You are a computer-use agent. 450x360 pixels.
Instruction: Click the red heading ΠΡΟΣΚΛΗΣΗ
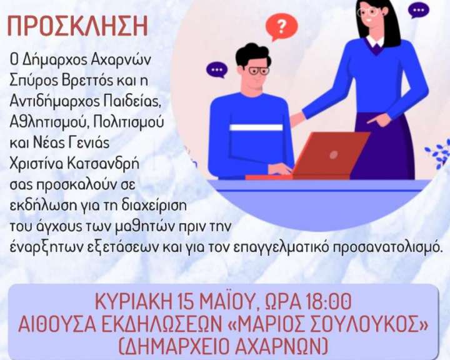tap(77, 26)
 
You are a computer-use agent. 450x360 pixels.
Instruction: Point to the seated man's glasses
tap(258, 71)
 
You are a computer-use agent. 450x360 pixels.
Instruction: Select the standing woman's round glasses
tap(368, 12)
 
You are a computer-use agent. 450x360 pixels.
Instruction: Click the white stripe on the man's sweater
tap(256, 127)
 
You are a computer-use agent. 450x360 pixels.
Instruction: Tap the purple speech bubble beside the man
tap(217, 70)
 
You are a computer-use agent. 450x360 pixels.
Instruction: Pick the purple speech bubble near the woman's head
tap(419, 11)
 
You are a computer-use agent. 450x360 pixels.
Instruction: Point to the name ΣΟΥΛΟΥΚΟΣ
tap(357, 324)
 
